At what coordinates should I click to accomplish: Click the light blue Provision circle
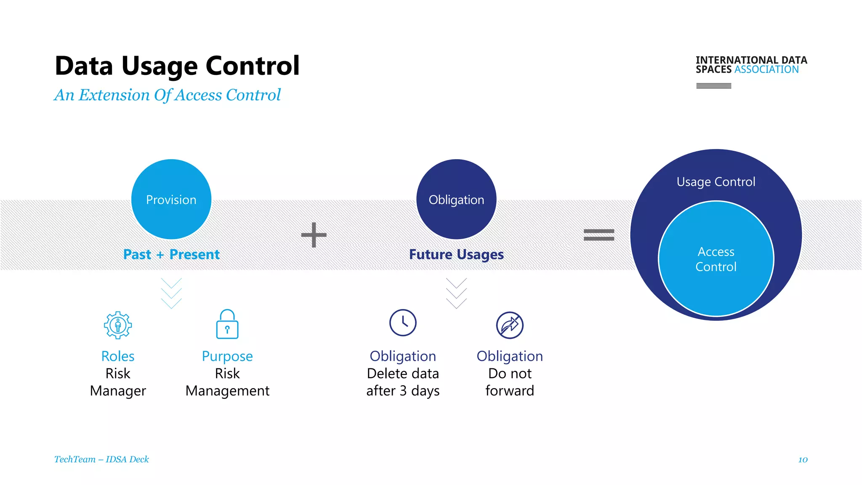point(171,199)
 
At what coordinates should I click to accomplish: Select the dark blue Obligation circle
point(456,199)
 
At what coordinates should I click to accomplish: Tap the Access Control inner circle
point(716,259)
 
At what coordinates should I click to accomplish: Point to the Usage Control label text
point(716,182)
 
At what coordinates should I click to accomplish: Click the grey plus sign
point(314,235)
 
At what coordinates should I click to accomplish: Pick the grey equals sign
point(599,235)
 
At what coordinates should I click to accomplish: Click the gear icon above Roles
point(118,325)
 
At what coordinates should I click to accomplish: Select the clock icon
point(403,323)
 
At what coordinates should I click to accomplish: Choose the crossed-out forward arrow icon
point(510,325)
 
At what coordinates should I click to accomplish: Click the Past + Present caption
point(171,254)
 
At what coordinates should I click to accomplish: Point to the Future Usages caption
point(456,254)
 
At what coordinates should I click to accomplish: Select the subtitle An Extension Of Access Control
point(168,95)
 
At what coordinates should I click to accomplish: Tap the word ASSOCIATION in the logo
point(766,69)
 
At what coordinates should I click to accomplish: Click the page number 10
point(803,460)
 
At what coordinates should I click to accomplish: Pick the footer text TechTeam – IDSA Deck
point(101,459)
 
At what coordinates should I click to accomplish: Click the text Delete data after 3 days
point(403,382)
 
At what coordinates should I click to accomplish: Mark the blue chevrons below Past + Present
point(171,293)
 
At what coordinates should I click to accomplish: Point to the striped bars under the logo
point(713,86)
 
